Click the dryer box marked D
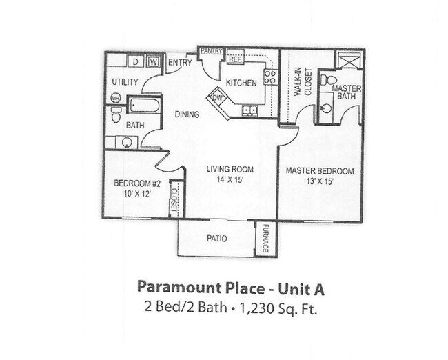pyautogui.click(x=136, y=62)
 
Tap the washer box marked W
pyautogui.click(x=154, y=62)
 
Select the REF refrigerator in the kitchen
pyautogui.click(x=236, y=59)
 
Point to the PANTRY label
pyautogui.click(x=211, y=51)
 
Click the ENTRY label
pyautogui.click(x=179, y=63)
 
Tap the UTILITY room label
pyautogui.click(x=125, y=82)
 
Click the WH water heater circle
pyautogui.click(x=116, y=98)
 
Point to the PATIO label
pyautogui.click(x=217, y=239)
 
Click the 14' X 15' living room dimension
pyautogui.click(x=230, y=179)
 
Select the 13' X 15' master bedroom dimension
pyautogui.click(x=319, y=182)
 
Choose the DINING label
pyautogui.click(x=187, y=114)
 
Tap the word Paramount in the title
pyautogui.click(x=172, y=286)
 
